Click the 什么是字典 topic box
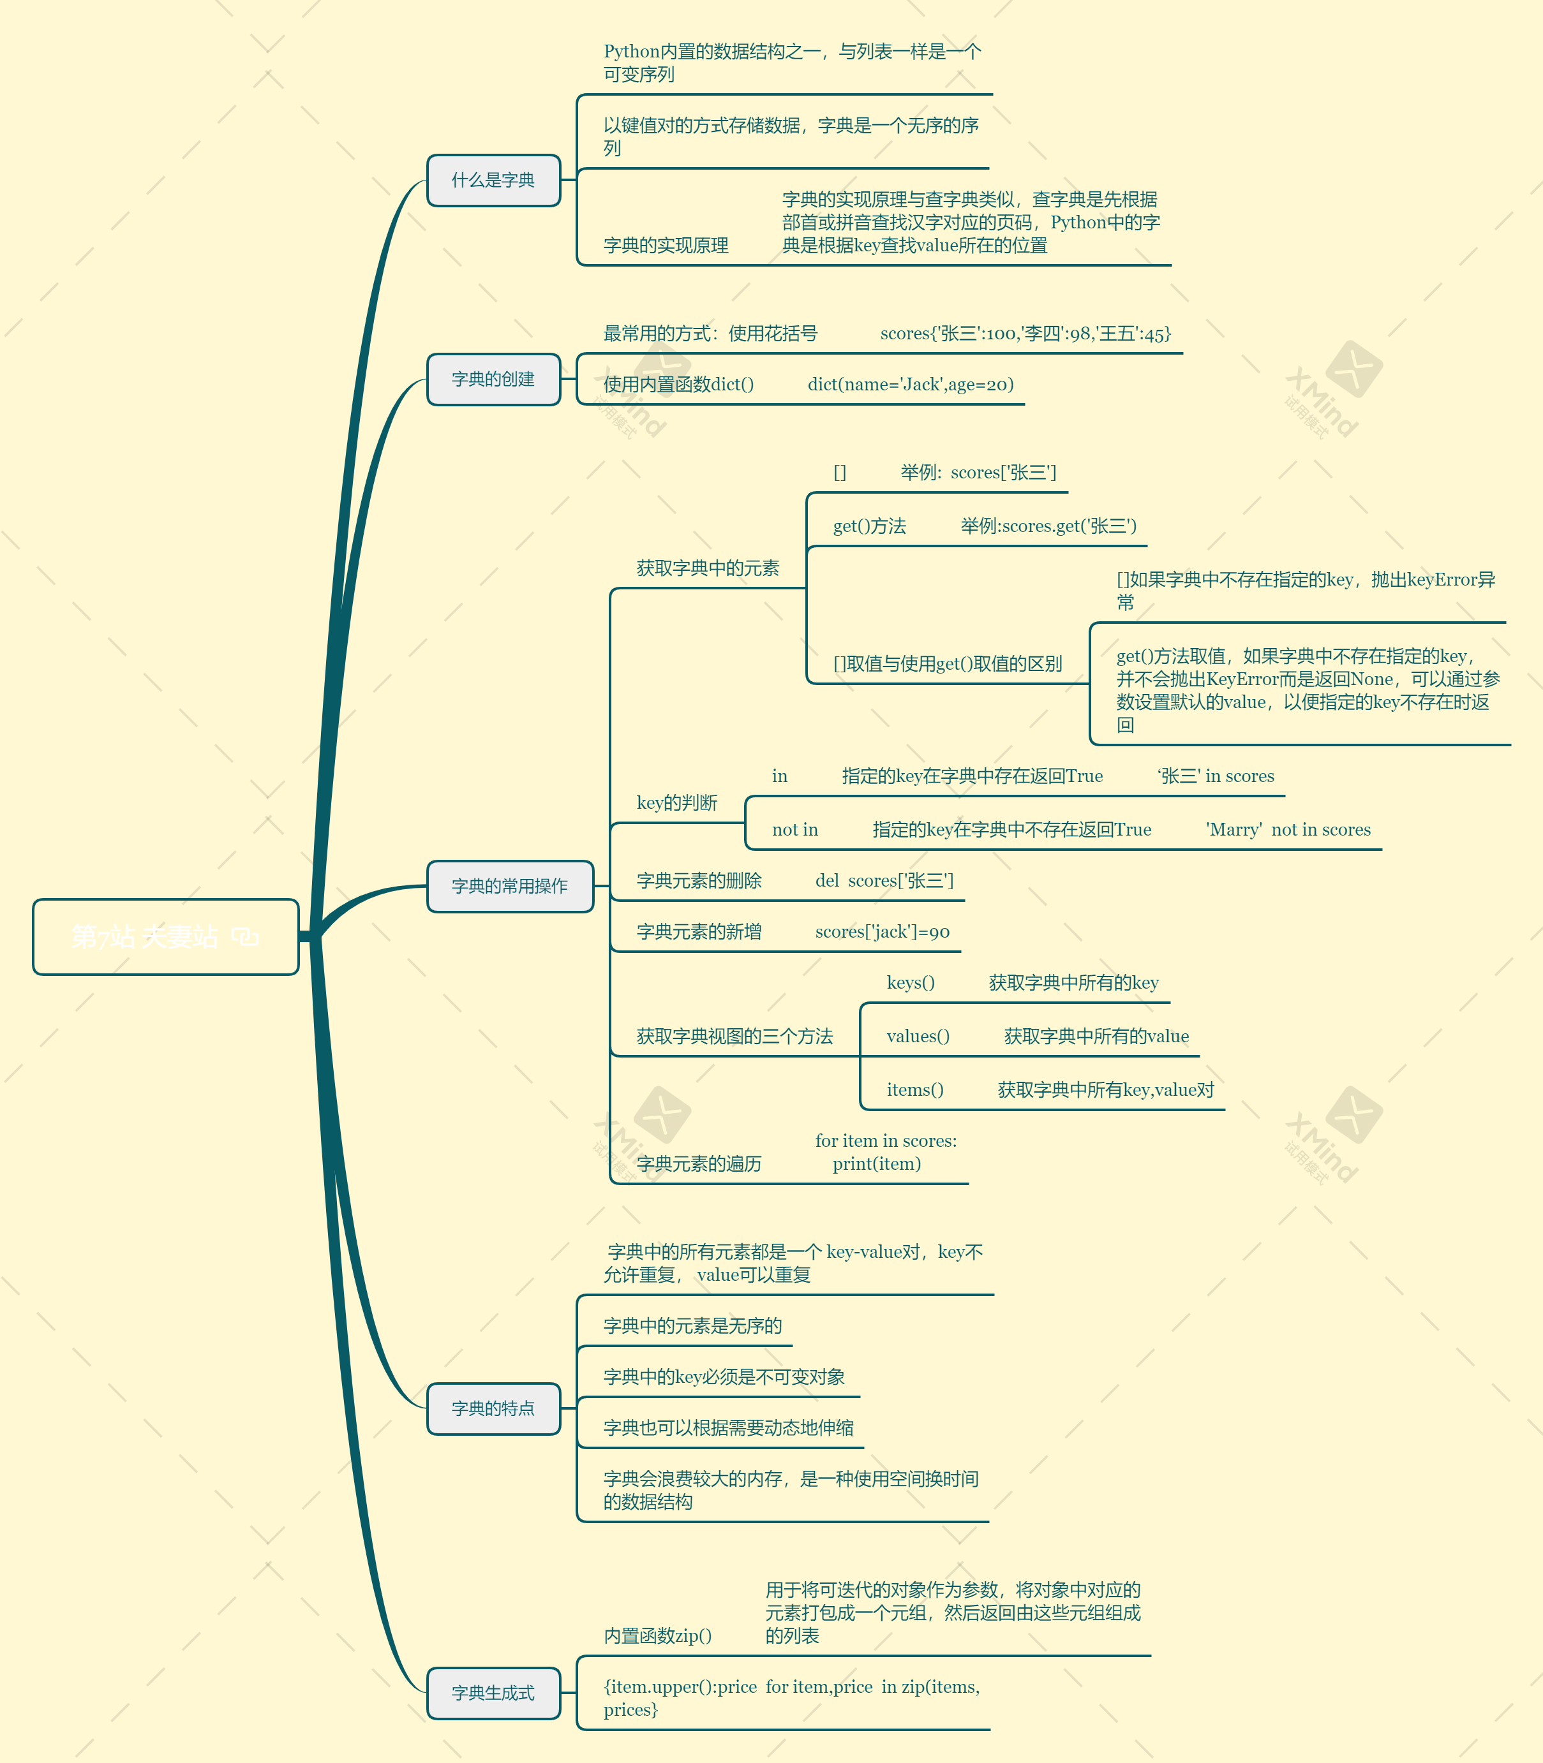pos(493,181)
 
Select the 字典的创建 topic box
pos(493,380)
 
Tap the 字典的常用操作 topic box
pos(510,887)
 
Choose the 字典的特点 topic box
pos(493,1409)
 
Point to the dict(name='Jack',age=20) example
pos(910,385)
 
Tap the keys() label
pos(910,983)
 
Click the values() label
pos(918,1036)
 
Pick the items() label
pos(914,1090)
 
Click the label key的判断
pos(677,803)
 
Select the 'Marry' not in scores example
pos(1288,830)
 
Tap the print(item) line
pos(877,1164)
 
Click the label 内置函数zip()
pos(658,1635)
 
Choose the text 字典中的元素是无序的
pos(692,1325)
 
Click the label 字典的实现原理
pos(666,246)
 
